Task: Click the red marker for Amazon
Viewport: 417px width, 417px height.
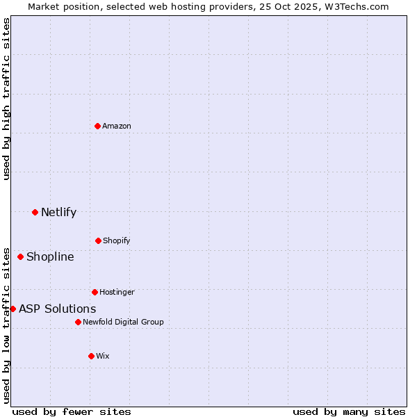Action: (97, 126)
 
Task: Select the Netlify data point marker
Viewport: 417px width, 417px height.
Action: (35, 212)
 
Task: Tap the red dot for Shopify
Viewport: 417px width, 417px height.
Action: (98, 240)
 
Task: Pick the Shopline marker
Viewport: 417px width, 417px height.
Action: (20, 256)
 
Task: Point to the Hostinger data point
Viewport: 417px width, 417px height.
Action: (95, 292)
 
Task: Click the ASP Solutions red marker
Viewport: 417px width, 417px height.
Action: (13, 309)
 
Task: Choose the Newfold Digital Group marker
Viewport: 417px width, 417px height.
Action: (78, 322)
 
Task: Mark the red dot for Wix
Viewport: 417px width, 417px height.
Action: (91, 356)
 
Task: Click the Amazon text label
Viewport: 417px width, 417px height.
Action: (117, 126)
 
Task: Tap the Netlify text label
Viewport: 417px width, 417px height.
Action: (58, 212)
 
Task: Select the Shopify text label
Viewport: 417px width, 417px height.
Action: (117, 240)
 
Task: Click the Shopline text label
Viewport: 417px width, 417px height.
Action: (50, 256)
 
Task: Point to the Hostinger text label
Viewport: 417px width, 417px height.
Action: (117, 292)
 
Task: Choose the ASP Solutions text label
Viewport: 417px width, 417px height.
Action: (57, 309)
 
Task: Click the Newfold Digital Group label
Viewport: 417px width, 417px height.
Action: (123, 322)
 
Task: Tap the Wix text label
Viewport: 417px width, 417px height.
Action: (103, 356)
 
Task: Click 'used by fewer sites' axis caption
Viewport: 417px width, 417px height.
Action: (72, 411)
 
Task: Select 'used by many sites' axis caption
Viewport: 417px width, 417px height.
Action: (349, 411)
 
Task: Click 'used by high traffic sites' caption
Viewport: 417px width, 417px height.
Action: (6, 99)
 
